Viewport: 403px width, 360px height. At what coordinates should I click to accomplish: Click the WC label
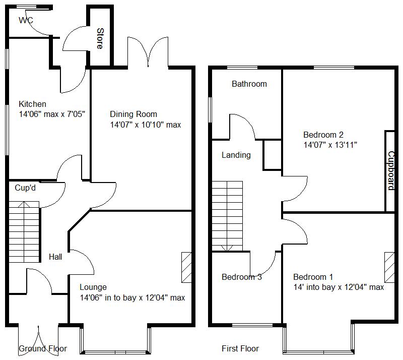click(26, 21)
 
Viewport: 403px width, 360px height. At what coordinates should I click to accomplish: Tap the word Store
click(99, 38)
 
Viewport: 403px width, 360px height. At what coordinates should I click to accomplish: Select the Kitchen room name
click(33, 104)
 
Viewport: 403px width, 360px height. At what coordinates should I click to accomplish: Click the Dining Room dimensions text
click(145, 125)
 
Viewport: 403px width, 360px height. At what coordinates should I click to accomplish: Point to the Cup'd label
click(25, 188)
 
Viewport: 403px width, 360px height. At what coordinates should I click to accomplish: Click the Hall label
click(55, 257)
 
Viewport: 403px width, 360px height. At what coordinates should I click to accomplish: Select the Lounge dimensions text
click(132, 297)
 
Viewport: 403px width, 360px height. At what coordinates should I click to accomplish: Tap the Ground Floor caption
click(43, 348)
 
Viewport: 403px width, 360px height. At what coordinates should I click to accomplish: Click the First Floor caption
click(240, 348)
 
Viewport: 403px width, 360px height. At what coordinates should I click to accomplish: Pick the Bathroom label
click(249, 84)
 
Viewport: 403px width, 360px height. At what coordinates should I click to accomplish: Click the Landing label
click(236, 155)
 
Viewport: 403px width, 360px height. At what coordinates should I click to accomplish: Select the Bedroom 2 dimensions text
click(330, 145)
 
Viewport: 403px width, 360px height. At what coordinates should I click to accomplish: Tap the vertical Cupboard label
click(390, 171)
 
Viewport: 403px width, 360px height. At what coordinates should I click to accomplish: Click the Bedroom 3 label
click(241, 277)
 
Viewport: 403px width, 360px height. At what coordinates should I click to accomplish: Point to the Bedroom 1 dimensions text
click(339, 287)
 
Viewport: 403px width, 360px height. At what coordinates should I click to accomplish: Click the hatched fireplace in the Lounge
click(186, 267)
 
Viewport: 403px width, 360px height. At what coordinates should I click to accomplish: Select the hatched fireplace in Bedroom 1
click(390, 267)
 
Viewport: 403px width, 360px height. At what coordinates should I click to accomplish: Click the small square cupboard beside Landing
click(272, 155)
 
